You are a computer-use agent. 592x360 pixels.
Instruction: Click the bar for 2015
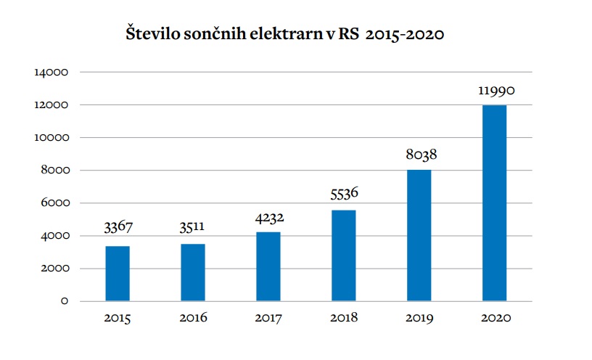[x=118, y=273]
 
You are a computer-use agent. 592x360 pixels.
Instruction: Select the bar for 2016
[x=193, y=272]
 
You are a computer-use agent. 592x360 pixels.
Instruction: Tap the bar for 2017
[x=268, y=266]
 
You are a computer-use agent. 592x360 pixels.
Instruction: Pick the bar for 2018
[x=343, y=255]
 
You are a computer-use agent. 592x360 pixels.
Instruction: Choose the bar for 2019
[x=419, y=235]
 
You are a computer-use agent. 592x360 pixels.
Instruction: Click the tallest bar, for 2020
[x=494, y=202]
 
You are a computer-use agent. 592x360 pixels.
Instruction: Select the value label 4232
[x=268, y=218]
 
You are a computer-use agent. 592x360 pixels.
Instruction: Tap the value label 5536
[x=343, y=195]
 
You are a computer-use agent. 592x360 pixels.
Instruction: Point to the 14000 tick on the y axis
[x=50, y=73]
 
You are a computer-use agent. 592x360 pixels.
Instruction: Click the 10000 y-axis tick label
[x=50, y=138]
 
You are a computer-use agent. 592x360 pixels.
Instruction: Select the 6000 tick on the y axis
[x=53, y=203]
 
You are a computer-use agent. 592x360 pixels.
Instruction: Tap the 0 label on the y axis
[x=64, y=301]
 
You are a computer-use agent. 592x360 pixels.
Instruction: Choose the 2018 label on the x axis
[x=343, y=318]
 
